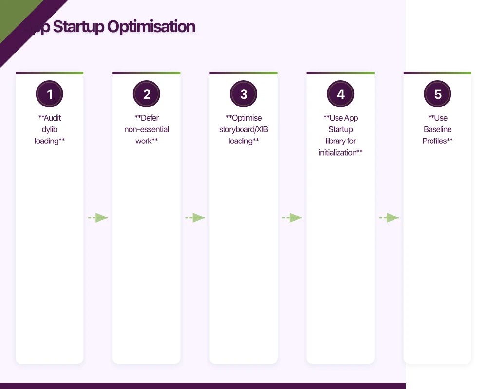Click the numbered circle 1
point(49,94)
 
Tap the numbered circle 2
point(147,94)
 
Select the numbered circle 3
point(243,94)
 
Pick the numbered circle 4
point(340,94)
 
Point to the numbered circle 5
point(437,94)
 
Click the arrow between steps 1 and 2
point(98,218)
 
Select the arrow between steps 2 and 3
point(195,218)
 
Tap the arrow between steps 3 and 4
point(292,218)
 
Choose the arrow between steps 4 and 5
point(389,218)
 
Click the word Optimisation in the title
point(151,27)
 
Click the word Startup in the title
point(78,27)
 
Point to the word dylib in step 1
point(50,129)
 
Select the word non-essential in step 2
point(147,129)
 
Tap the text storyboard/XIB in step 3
point(243,129)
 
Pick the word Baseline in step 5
point(437,129)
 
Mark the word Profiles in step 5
point(435,141)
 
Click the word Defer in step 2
point(150,118)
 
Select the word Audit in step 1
point(52,118)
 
